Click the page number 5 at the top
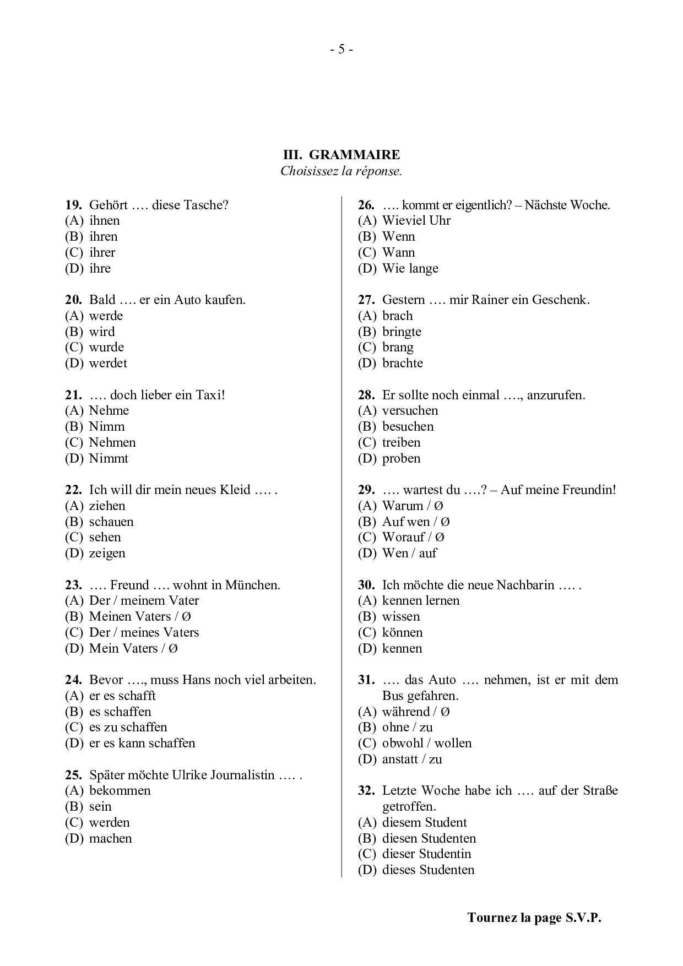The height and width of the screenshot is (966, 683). tap(341, 50)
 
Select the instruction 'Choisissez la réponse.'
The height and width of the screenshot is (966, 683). tap(341, 171)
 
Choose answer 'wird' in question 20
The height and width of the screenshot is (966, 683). tap(102, 332)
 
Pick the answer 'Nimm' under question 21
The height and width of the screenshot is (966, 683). tap(107, 427)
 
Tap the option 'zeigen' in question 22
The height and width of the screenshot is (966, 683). tap(107, 553)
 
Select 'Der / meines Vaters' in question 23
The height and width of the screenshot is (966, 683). tap(144, 633)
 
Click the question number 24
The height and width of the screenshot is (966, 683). tap(73, 680)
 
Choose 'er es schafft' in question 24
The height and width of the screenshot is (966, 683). tap(122, 696)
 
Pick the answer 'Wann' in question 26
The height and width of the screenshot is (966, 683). tap(398, 253)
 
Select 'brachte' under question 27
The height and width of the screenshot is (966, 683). tap(402, 363)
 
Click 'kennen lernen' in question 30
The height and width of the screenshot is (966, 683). tap(420, 601)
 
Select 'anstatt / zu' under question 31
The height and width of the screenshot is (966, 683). tap(411, 759)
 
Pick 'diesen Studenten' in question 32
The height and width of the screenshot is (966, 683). tap(429, 839)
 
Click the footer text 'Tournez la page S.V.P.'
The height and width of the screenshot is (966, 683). tap(534, 918)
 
